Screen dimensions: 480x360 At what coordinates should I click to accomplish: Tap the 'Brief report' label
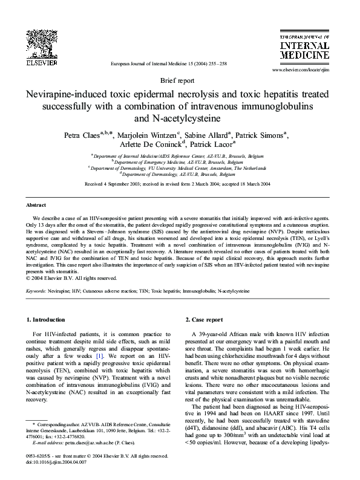pyautogui.click(x=180, y=80)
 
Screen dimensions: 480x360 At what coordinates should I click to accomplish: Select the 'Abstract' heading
pyautogui.click(x=38, y=205)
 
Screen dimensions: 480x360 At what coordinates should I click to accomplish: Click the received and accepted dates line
pyautogui.click(x=180, y=184)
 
